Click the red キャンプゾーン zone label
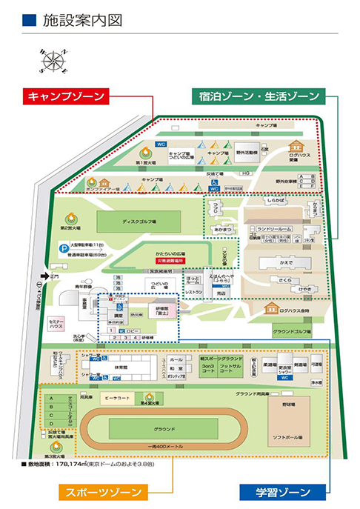tap(66, 96)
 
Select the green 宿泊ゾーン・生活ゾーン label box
tap(259, 96)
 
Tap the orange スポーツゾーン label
tap(104, 492)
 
